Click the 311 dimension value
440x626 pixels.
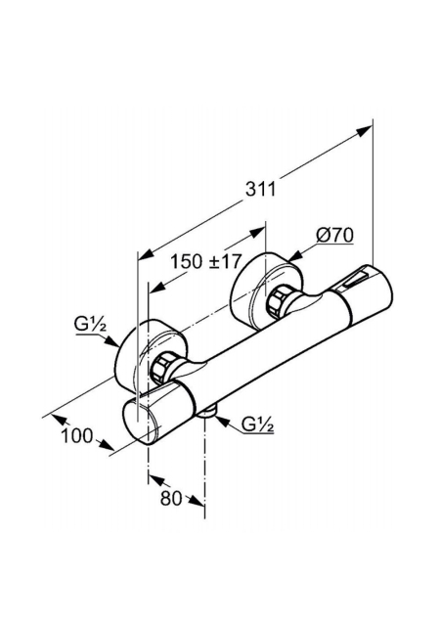(260, 189)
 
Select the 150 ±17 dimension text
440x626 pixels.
(206, 262)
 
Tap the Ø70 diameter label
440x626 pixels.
(335, 236)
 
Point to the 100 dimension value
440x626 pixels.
(77, 436)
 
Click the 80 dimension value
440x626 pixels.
(171, 498)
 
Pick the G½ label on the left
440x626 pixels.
(90, 326)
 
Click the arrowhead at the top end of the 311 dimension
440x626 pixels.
(364, 131)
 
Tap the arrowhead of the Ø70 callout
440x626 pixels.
(294, 256)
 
